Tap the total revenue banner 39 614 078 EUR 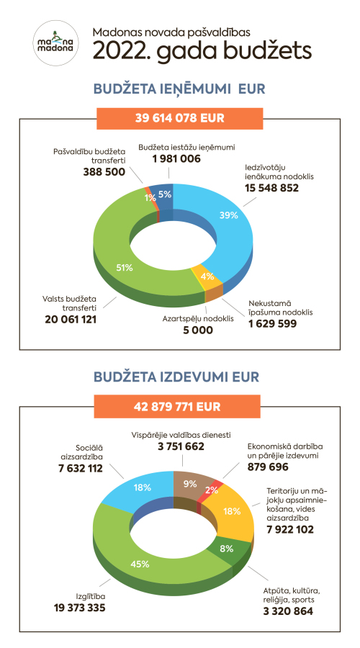pyautogui.click(x=180, y=118)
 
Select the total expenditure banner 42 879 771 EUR pyautogui.click(x=177, y=406)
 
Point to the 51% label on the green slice pyautogui.click(x=124, y=268)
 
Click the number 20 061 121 pyautogui.click(x=71, y=319)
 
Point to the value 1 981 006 pyautogui.click(x=176, y=158)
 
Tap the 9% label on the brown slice pyautogui.click(x=189, y=484)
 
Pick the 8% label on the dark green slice pyautogui.click(x=227, y=549)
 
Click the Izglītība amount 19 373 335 pyautogui.click(x=80, y=608)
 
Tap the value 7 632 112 pyautogui.click(x=81, y=468)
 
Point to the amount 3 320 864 pyautogui.click(x=288, y=611)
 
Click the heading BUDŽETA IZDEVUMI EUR pyautogui.click(x=176, y=377)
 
